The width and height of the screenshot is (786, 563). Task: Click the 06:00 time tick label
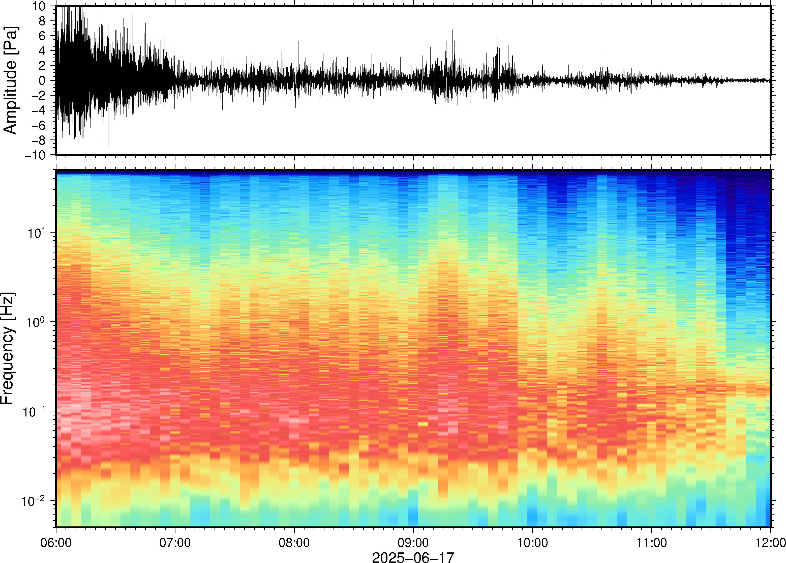coord(56,543)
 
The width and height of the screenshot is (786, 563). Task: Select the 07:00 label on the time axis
coord(175,543)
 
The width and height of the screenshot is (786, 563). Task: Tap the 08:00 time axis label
coord(294,543)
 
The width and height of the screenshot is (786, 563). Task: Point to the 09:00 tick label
coord(413,543)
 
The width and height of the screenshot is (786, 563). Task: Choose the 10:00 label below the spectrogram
coord(532,543)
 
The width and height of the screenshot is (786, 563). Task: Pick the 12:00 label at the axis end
coord(770,543)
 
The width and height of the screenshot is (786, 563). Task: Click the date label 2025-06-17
coord(413,557)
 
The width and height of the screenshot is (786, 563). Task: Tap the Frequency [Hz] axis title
coord(8,348)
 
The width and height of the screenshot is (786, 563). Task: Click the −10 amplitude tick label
coord(35,155)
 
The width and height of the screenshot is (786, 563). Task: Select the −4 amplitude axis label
coord(39,110)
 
